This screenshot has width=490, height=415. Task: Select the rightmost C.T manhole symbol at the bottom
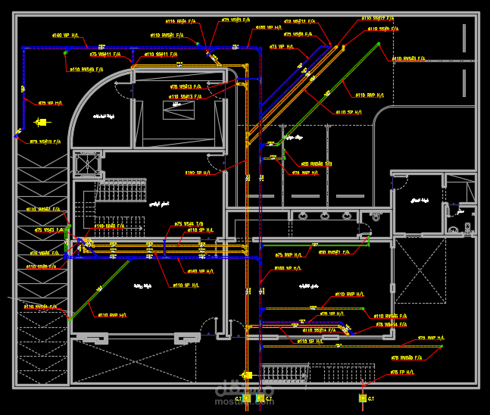[363, 397]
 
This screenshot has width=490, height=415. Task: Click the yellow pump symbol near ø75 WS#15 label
[42, 122]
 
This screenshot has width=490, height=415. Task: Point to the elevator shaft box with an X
[88, 164]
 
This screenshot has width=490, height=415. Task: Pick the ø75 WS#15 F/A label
[45, 142]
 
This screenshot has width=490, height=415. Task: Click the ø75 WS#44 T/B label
[189, 224]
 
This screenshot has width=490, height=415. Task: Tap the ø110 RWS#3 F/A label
[409, 58]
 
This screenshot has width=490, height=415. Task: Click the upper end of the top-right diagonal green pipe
[379, 44]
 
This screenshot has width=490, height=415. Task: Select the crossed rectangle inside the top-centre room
[179, 110]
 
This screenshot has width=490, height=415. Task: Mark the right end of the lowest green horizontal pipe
[441, 348]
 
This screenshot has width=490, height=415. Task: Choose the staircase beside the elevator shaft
[121, 189]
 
